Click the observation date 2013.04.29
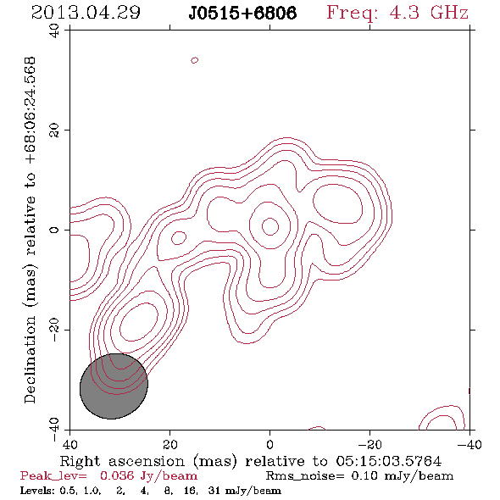pos(86,13)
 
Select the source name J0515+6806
pos(242,14)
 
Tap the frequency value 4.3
pos(404,13)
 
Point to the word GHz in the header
pos(449,13)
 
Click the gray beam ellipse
pos(114,386)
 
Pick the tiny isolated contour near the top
pos(195,60)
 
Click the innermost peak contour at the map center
pos(270,227)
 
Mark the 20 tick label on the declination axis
pos(54,131)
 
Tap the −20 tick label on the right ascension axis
pos(369,444)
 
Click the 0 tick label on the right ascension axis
pos(269,444)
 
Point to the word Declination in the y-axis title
pos(30,359)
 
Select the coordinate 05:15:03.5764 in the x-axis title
pos(389,461)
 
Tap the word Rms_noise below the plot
pos(302,476)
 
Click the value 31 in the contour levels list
pos(214,491)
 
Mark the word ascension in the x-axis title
pos(147,461)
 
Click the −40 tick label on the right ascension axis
pos(469,444)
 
